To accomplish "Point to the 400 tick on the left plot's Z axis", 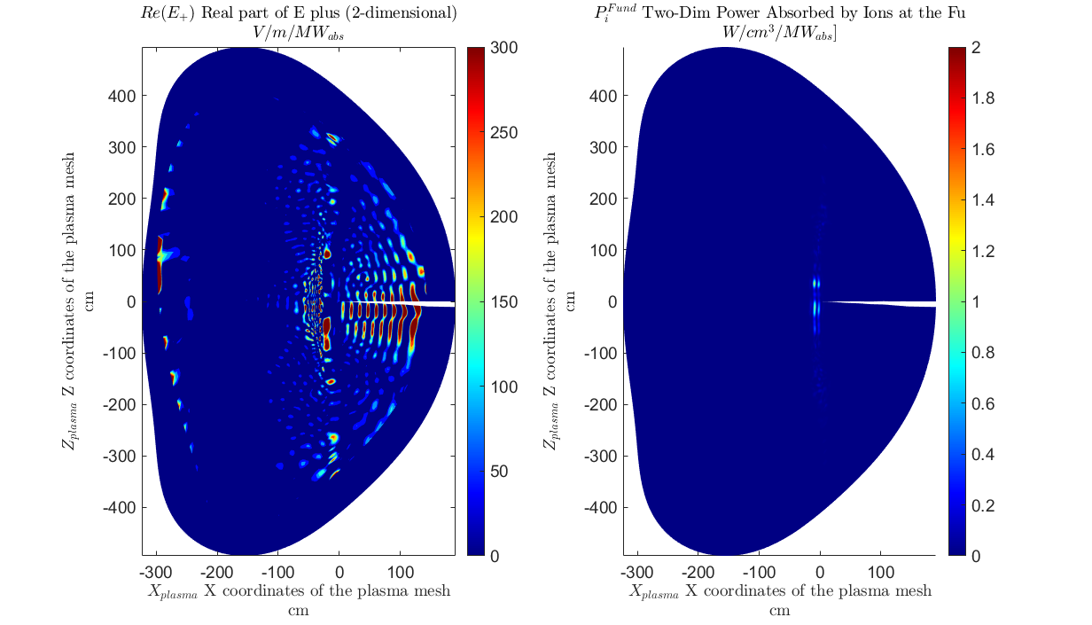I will [x=122, y=96].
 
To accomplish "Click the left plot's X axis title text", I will [x=299, y=591].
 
